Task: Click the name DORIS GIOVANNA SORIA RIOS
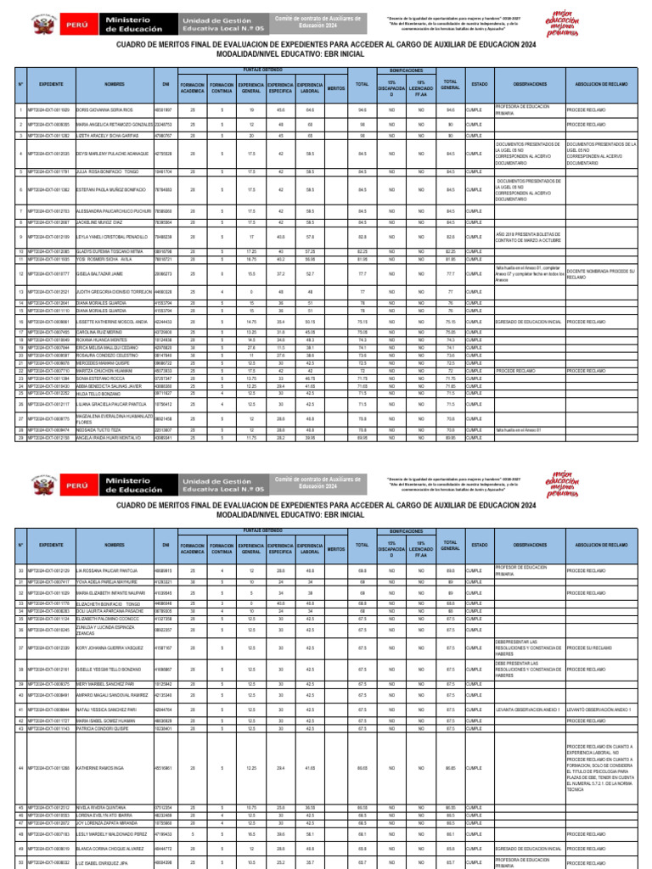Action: click(104, 109)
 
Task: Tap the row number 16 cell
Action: click(20, 322)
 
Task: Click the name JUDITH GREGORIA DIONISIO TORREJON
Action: click(113, 291)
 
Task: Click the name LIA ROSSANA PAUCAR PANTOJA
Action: click(106, 571)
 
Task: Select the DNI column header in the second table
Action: click(166, 544)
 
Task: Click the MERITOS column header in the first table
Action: click(335, 85)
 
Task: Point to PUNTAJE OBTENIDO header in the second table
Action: click(263, 530)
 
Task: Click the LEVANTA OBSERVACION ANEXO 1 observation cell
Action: click(529, 709)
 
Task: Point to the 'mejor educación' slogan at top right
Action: click(616, 23)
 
